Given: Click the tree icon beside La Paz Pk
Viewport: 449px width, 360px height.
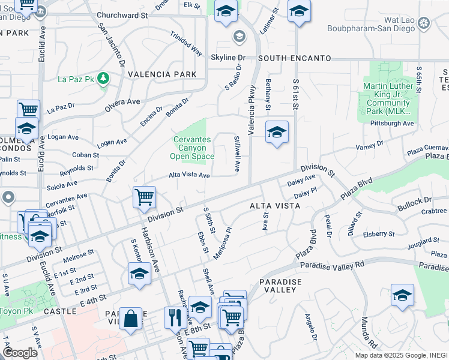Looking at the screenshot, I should (103, 78).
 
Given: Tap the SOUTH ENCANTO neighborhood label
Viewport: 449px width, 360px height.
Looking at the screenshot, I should (295, 58).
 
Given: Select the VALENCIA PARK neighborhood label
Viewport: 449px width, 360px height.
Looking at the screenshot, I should (162, 74).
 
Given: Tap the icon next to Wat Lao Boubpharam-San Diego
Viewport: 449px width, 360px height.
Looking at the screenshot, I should (424, 23).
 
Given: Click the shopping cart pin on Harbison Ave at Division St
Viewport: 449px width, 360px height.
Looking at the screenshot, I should (145, 197).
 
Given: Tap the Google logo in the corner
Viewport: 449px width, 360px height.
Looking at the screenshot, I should (20, 353).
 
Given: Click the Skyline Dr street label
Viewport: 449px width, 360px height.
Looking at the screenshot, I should (228, 58).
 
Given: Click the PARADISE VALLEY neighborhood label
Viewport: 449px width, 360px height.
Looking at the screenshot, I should (277, 285).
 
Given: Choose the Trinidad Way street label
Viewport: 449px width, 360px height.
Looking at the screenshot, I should (186, 43).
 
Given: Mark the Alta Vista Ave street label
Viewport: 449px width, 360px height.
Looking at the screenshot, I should (189, 175).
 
